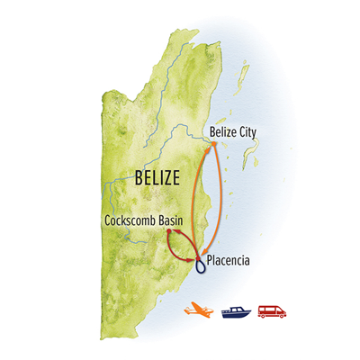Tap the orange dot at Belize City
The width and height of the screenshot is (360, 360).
pos(213,144)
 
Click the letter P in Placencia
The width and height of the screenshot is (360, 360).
pos(210,261)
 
